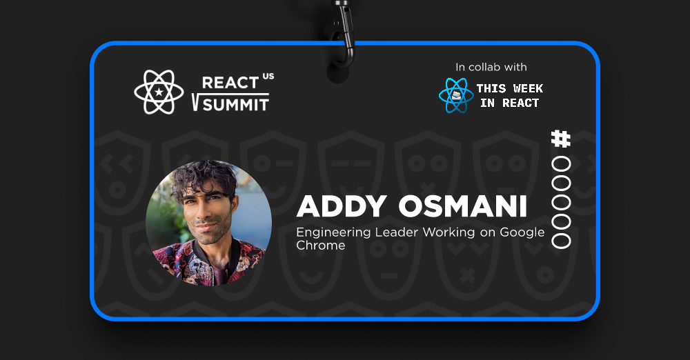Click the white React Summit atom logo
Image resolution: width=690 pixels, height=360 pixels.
(159, 92)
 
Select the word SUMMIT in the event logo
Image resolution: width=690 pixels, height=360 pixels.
(236, 105)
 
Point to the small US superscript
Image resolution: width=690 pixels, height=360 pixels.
(268, 76)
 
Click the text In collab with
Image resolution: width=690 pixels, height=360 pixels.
(491, 67)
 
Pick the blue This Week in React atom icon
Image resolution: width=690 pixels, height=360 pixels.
(456, 95)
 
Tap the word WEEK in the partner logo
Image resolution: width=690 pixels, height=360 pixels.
(528, 88)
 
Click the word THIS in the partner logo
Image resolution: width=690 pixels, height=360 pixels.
(491, 88)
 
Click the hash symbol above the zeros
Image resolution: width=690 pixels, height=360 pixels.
(561, 139)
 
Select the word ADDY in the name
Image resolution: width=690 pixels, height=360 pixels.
(342, 206)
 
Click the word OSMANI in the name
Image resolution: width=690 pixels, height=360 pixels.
(462, 206)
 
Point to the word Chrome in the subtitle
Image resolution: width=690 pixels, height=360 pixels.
(320, 245)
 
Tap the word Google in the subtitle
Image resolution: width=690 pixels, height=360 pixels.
(522, 232)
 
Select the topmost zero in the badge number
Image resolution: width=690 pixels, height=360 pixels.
(561, 165)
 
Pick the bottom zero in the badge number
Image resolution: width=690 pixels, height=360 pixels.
(561, 240)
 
